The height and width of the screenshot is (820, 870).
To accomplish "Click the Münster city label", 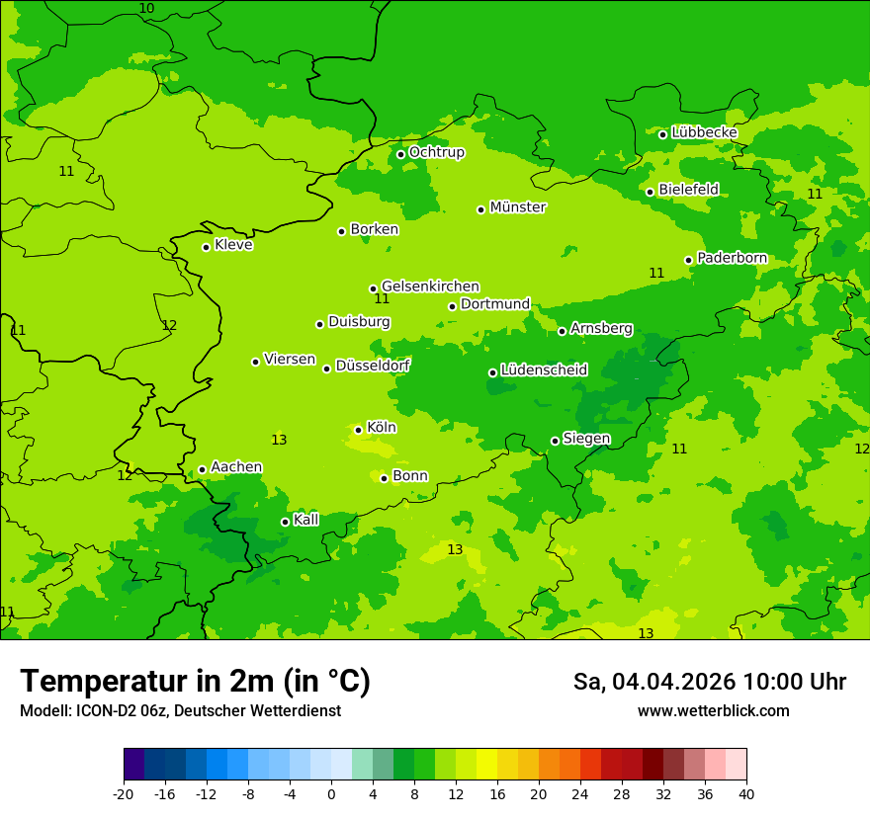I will pyautogui.click(x=518, y=207).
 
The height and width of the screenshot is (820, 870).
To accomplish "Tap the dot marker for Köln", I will pyautogui.click(x=358, y=430).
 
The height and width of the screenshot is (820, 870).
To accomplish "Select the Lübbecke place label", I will pyautogui.click(x=704, y=132).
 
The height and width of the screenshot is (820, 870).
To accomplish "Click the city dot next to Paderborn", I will pyautogui.click(x=688, y=260).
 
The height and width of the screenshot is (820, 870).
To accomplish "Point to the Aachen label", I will pyautogui.click(x=236, y=467).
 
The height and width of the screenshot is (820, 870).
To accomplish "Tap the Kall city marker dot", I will pyautogui.click(x=285, y=522).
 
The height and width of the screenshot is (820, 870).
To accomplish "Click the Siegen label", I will pyautogui.click(x=586, y=439).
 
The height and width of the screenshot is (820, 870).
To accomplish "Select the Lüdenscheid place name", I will pyautogui.click(x=544, y=370).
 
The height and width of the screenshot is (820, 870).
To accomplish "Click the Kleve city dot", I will pyautogui.click(x=206, y=247).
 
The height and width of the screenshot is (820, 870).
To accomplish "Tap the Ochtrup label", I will pyautogui.click(x=436, y=152).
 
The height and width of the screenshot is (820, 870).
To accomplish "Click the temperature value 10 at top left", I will pyautogui.click(x=146, y=9).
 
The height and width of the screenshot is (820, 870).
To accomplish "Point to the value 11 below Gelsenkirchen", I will pyautogui.click(x=382, y=299).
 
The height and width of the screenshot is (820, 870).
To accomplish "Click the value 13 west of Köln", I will pyautogui.click(x=279, y=440).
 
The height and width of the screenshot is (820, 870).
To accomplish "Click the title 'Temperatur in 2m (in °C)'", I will pyautogui.click(x=195, y=682).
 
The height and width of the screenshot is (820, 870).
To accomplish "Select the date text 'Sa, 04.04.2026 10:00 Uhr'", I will pyautogui.click(x=709, y=682).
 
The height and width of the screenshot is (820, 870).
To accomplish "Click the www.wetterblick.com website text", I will pyautogui.click(x=713, y=711).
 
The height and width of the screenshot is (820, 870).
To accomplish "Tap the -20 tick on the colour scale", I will pyautogui.click(x=124, y=794).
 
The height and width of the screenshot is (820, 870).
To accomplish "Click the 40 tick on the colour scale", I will pyautogui.click(x=746, y=794).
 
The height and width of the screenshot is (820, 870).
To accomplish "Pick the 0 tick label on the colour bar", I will pyautogui.click(x=331, y=794).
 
